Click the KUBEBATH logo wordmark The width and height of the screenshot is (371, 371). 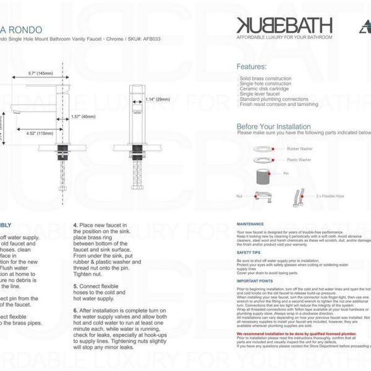click(284, 25)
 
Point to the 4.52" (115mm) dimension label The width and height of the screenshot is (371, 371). click(40, 133)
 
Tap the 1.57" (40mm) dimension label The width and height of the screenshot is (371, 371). click(83, 116)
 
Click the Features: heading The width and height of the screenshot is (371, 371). click(252, 66)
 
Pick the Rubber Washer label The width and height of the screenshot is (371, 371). click(300, 149)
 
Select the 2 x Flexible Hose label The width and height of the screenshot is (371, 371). click(330, 195)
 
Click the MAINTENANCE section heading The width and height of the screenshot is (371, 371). click(250, 224)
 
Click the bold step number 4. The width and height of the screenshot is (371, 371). click(75, 225)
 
